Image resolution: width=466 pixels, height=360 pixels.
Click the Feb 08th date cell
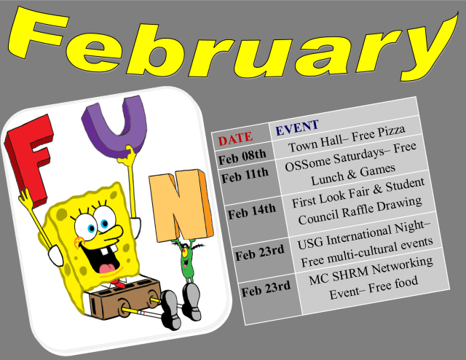point(242,154)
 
